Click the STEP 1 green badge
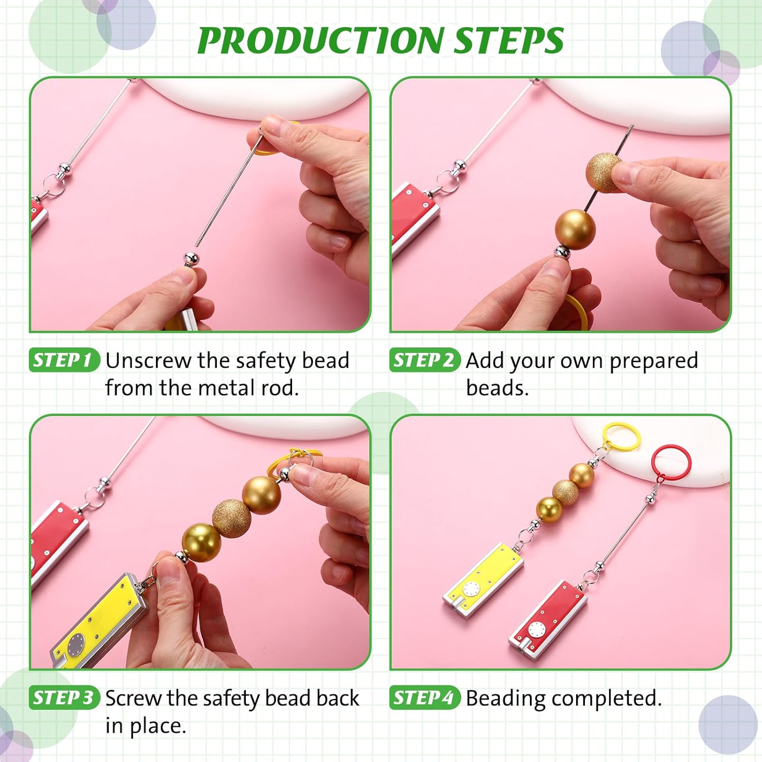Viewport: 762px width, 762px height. coord(64,360)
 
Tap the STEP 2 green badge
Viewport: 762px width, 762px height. coord(425,360)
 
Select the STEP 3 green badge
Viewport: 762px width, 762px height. coord(64,698)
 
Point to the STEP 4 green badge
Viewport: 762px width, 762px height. coord(425,698)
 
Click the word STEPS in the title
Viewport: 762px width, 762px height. coord(508,41)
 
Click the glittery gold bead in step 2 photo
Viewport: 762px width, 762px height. coord(604,173)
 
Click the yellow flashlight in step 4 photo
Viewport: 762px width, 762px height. coord(483,579)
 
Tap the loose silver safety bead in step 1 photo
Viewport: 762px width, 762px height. coord(191,259)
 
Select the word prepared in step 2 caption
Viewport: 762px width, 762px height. coord(653,361)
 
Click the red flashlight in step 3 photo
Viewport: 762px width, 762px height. coord(56,538)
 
